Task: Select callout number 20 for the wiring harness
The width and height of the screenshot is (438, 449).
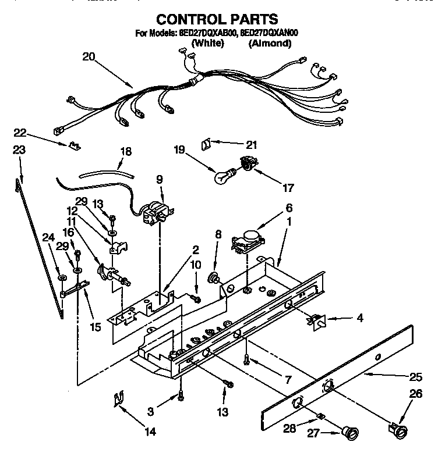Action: [x=88, y=57]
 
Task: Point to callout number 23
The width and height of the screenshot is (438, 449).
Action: [x=19, y=149]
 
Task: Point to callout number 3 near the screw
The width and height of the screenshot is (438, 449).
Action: [x=151, y=411]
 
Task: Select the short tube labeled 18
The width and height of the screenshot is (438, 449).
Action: [x=105, y=172]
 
